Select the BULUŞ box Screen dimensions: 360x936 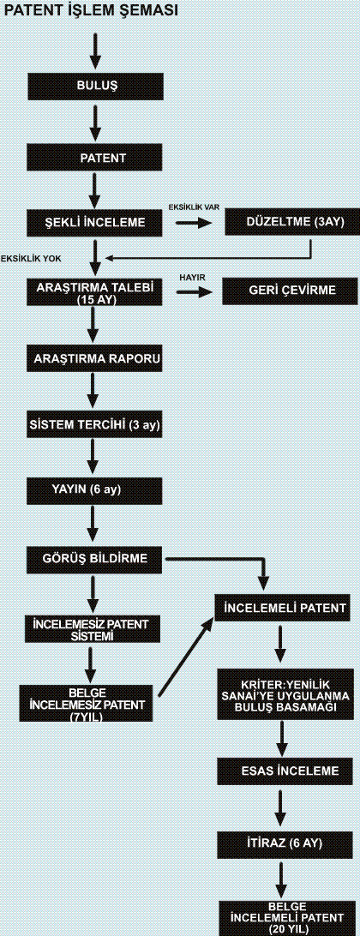[96, 85]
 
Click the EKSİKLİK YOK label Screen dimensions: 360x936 [31, 259]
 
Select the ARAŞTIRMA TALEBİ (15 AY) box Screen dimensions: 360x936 [95, 293]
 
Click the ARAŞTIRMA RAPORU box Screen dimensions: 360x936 [95, 360]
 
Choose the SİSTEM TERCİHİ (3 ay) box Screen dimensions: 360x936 [95, 426]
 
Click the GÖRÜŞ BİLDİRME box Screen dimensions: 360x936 [95, 560]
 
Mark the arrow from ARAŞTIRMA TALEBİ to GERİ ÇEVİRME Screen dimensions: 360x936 [194, 292]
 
